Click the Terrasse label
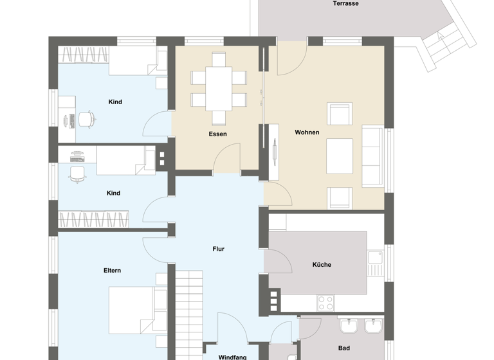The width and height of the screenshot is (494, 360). (x=345, y=4)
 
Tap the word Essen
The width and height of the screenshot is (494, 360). (x=217, y=134)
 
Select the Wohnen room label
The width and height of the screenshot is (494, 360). (x=307, y=132)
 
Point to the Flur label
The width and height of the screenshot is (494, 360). (x=219, y=249)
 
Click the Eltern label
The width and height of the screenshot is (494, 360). (x=112, y=271)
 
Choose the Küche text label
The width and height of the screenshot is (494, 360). (x=322, y=264)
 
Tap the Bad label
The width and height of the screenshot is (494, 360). (x=344, y=348)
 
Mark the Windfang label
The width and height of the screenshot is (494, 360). (x=230, y=356)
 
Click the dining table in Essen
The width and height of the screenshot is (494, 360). (x=219, y=89)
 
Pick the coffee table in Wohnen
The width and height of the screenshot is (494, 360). (x=339, y=156)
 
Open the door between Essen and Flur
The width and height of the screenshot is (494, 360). (x=227, y=158)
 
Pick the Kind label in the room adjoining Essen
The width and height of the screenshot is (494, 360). (x=115, y=102)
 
